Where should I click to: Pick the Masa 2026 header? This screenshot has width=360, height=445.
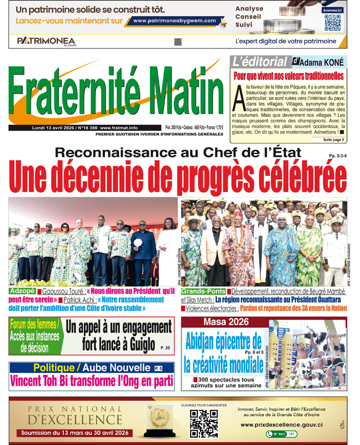[x=221, y=322]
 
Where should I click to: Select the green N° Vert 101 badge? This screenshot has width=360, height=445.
[x=282, y=434]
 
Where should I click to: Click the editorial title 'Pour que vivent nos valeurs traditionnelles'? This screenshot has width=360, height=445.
[x=288, y=76]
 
